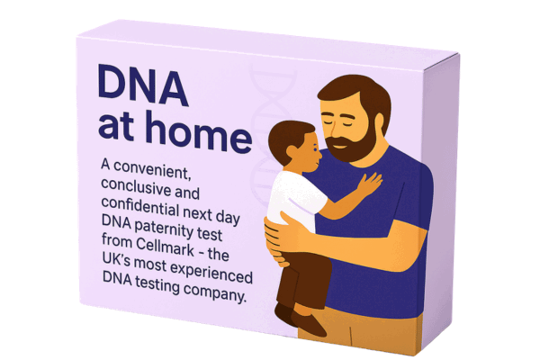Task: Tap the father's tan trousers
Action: (x=378, y=333)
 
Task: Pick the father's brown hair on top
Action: (x=355, y=85)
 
